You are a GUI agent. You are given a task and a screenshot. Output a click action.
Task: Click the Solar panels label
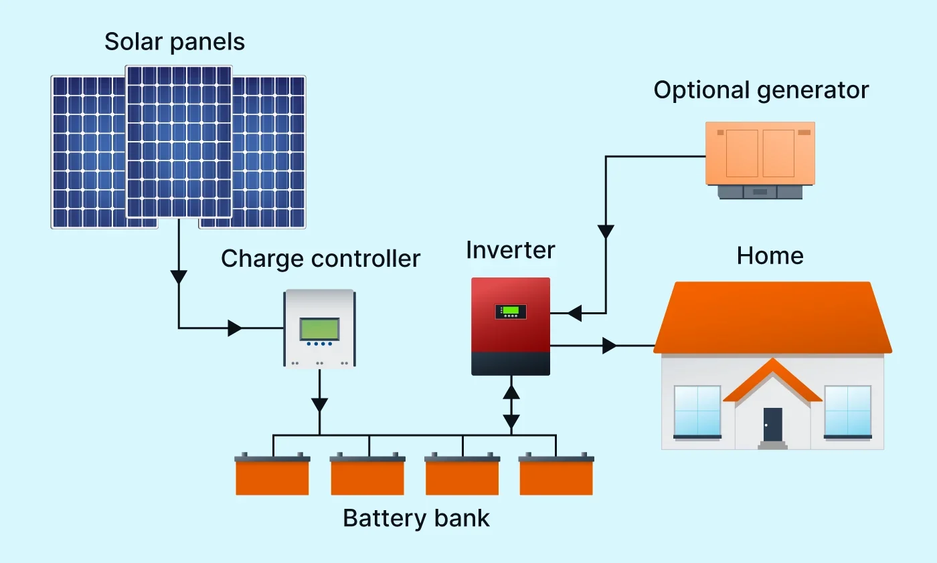tap(175, 41)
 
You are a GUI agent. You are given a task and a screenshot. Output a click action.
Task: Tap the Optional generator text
tap(761, 90)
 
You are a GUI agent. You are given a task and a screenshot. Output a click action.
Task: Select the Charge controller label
tap(321, 258)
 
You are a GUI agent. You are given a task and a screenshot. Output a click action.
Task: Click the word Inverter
tap(511, 250)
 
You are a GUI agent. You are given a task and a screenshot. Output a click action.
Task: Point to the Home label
tap(770, 255)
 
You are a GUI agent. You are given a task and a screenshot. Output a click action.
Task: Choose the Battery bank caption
tap(416, 518)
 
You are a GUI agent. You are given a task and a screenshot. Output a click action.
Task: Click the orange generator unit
tap(760, 154)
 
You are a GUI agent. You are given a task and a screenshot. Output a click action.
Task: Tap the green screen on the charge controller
tap(319, 328)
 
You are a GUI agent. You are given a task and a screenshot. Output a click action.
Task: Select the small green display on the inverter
tap(511, 310)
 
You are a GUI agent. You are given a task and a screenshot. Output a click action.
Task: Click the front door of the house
tap(772, 425)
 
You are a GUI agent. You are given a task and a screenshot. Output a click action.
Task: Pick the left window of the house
tap(697, 411)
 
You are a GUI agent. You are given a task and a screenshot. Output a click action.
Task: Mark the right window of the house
tap(847, 411)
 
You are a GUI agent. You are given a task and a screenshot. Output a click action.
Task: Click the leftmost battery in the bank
tap(272, 475)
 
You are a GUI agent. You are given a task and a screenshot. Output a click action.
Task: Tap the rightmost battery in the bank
tap(556, 475)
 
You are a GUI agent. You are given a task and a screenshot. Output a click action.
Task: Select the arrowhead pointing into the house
tap(609, 346)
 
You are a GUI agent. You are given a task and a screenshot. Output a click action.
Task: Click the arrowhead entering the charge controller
tap(235, 328)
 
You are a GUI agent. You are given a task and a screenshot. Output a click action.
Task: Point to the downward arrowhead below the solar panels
tap(179, 277)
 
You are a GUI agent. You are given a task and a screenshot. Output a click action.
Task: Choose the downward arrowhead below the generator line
tap(606, 232)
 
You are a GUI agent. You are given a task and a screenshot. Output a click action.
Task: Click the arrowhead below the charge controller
tap(320, 405)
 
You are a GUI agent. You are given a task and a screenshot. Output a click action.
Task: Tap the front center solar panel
tap(179, 141)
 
